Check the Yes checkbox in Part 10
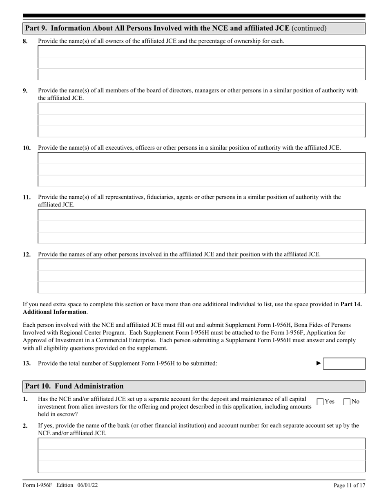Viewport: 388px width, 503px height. click(320, 402)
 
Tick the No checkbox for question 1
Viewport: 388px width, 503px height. click(347, 402)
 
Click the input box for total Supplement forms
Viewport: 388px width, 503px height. click(344, 364)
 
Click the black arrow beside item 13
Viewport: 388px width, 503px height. click(319, 363)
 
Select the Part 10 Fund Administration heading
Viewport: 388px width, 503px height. click(74, 386)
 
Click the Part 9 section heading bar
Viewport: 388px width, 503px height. click(194, 28)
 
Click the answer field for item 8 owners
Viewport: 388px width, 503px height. click(201, 63)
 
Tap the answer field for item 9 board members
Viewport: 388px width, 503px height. click(201, 120)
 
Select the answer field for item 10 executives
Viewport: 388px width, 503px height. click(201, 169)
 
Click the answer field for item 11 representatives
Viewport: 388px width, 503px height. click(201, 227)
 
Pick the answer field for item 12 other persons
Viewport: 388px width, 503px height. click(201, 276)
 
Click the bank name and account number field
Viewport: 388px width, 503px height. click(201, 455)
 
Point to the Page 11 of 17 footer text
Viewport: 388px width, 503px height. click(349, 485)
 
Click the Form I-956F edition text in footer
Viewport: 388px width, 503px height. click(60, 485)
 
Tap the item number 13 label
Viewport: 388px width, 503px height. click(27, 363)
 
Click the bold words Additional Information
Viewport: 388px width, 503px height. click(54, 312)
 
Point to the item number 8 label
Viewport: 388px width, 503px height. click(25, 41)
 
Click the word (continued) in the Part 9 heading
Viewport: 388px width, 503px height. click(309, 28)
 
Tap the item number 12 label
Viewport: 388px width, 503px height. click(27, 254)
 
